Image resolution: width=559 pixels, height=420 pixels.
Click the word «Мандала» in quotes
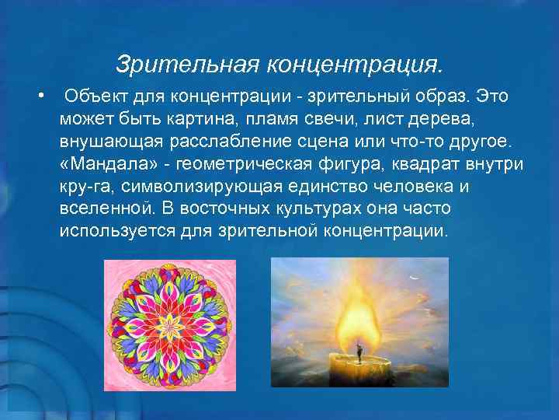tap(101, 165)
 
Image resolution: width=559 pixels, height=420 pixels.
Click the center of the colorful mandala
tap(170, 324)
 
